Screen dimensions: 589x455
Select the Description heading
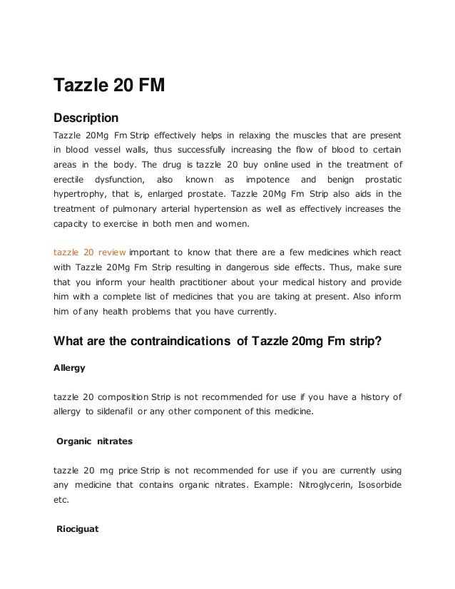(x=86, y=117)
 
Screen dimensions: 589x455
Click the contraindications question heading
(x=218, y=341)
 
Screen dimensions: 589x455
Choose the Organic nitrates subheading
(x=94, y=441)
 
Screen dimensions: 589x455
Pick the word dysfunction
(x=119, y=178)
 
